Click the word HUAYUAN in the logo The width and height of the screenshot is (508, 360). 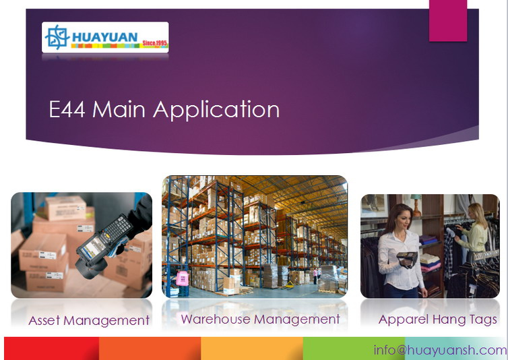tap(104, 37)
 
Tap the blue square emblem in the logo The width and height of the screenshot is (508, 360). tap(57, 37)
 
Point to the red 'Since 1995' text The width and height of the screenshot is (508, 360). tap(155, 43)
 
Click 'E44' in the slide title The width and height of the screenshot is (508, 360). tap(67, 109)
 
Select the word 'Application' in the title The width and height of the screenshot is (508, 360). tap(216, 111)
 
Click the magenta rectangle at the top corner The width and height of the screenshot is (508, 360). tap(448, 21)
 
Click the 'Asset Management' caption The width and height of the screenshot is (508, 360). tap(89, 320)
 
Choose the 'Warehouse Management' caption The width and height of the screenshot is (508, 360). tap(261, 319)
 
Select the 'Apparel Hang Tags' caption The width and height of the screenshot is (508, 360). tap(438, 320)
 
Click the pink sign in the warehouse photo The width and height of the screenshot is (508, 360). tap(183, 278)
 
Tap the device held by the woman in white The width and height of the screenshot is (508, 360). tap(407, 259)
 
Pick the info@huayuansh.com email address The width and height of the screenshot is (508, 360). tap(440, 351)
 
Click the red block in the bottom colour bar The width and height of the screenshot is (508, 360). tap(51, 349)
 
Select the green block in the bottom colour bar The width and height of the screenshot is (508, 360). tap(354, 349)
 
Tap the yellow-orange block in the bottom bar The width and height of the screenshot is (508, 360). tap(252, 349)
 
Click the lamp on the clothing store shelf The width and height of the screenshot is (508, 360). tap(416, 205)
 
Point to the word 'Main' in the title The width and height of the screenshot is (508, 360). tap(119, 109)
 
